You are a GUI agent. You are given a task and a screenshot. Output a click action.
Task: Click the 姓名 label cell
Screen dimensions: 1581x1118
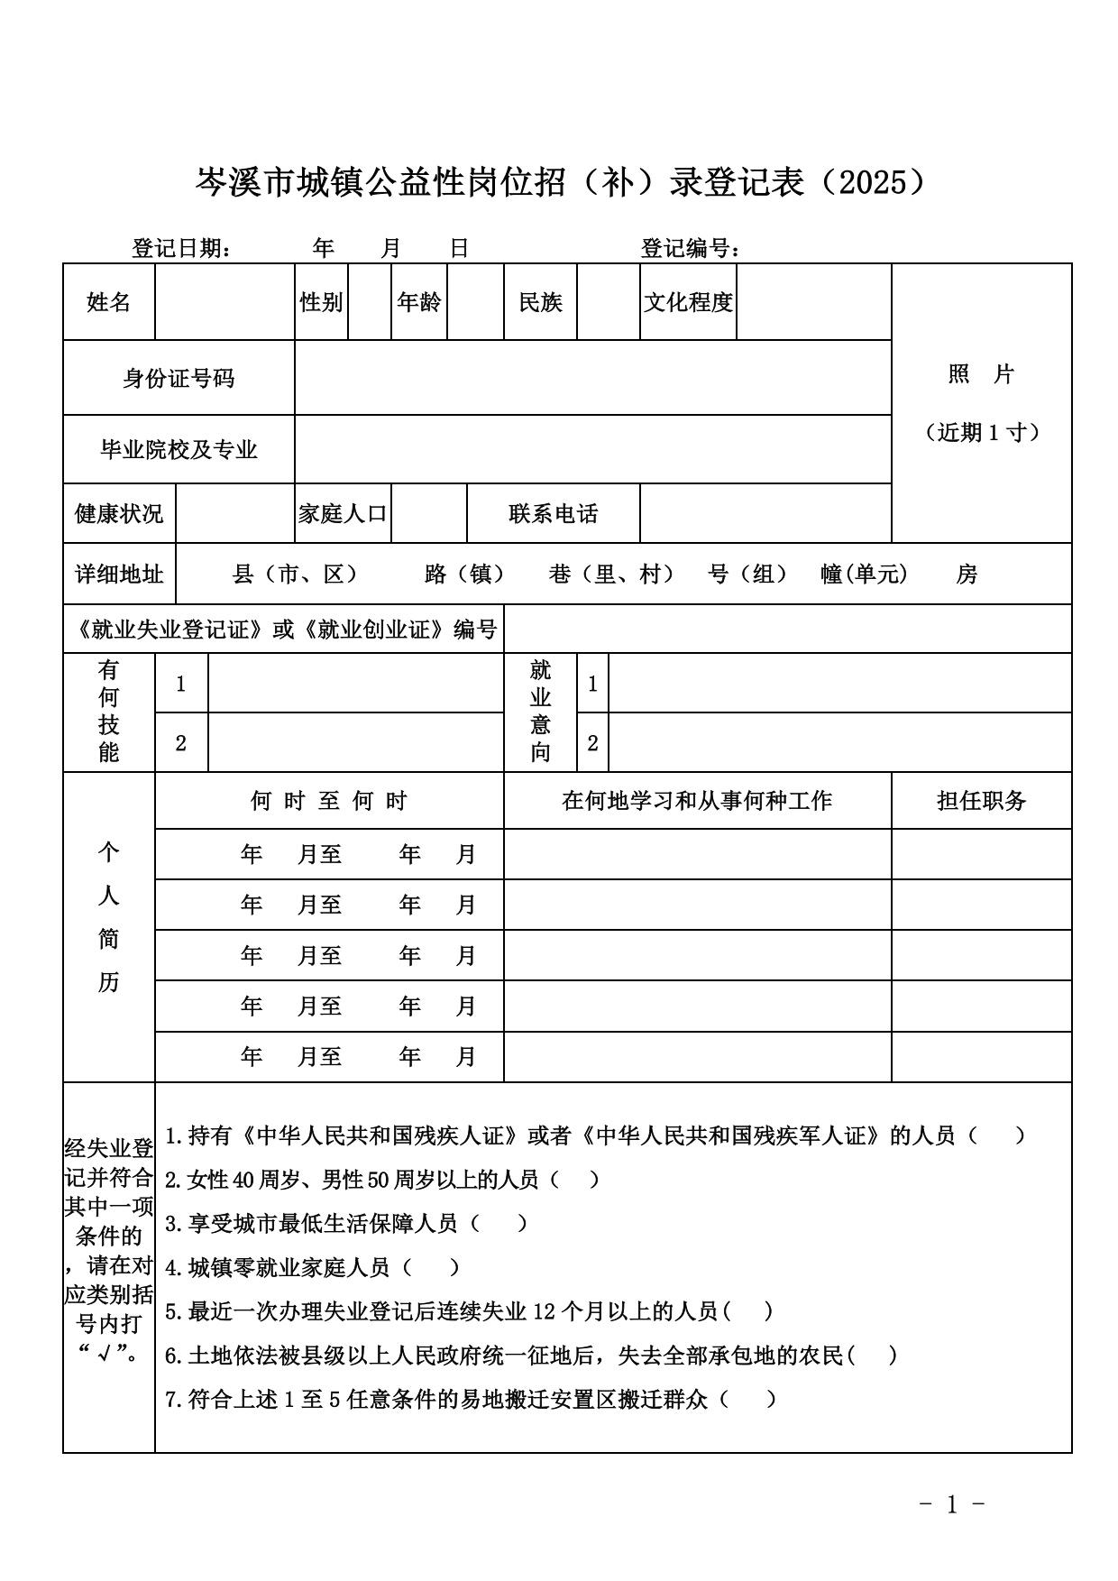[108, 302]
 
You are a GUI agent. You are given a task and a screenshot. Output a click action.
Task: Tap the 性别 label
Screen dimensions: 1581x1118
[321, 302]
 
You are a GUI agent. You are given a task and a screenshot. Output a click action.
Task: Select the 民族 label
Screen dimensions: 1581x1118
[540, 302]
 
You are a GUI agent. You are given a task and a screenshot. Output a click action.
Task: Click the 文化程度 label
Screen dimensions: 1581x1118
[688, 302]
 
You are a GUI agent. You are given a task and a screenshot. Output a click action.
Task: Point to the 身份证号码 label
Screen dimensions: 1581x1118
[179, 378]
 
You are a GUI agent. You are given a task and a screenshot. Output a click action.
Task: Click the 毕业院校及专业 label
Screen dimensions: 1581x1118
[179, 449]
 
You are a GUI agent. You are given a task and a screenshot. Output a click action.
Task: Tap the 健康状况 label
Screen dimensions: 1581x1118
[119, 514]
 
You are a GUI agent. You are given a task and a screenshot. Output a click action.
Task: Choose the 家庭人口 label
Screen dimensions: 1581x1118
[343, 514]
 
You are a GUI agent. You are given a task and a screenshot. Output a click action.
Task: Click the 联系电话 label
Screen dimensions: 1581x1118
[553, 514]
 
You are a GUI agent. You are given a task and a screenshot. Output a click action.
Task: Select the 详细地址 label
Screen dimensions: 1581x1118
[119, 574]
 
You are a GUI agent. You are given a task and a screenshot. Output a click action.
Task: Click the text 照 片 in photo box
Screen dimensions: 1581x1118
[981, 374]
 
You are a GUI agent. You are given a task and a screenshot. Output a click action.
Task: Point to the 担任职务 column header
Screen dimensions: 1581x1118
[981, 801]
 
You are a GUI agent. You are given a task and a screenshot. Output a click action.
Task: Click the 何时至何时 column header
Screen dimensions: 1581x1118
[329, 801]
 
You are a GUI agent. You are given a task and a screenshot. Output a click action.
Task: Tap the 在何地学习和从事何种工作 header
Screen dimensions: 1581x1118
[697, 801]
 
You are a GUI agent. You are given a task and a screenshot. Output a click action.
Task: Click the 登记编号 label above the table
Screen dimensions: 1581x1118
[691, 248]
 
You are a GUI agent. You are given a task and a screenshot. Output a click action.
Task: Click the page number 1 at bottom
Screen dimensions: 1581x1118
[951, 1504]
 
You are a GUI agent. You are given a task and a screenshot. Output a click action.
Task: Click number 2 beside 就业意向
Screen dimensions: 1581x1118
[592, 743]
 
